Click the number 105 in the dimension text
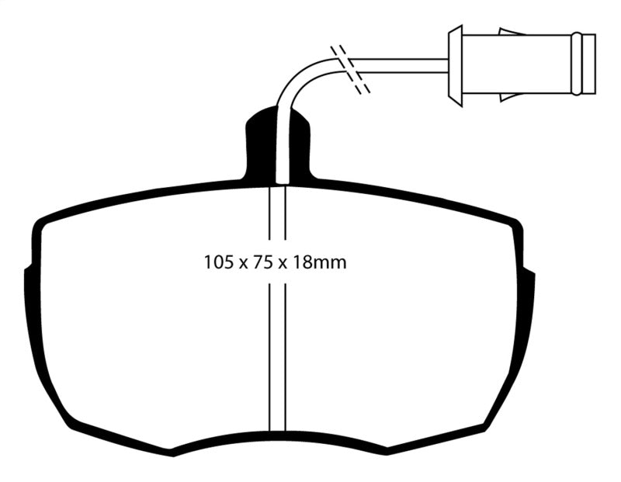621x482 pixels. pyautogui.click(x=217, y=263)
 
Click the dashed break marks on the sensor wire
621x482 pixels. pyautogui.click(x=350, y=71)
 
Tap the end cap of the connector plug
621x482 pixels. pyautogui.click(x=588, y=64)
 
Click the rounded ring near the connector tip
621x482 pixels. pyautogui.click(x=575, y=64)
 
